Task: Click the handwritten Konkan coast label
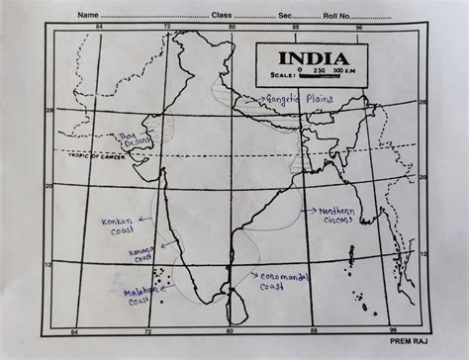(116, 227)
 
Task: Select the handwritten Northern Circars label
(338, 217)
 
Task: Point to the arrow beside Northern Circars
(309, 211)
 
